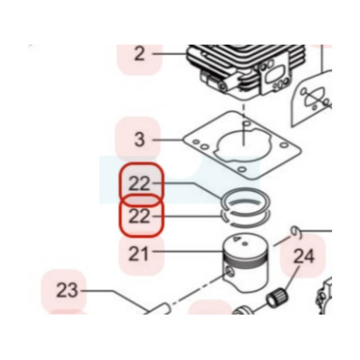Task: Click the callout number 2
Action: [139, 54]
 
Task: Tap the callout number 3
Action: [139, 139]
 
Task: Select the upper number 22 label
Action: [139, 183]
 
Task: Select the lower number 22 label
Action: [139, 217]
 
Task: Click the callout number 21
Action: [139, 254]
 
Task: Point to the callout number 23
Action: [67, 290]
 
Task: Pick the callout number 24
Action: [304, 256]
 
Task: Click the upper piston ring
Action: [245, 189]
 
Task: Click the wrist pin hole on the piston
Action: [230, 272]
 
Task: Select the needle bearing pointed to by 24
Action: [277, 298]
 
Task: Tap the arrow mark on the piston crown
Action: [236, 239]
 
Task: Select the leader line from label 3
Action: [168, 139]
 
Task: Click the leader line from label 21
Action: [188, 251]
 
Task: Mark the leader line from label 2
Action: [170, 54]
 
